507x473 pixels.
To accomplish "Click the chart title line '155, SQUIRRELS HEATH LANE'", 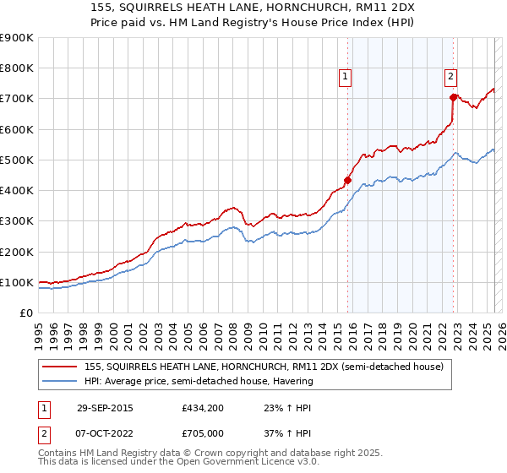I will pos(253,7).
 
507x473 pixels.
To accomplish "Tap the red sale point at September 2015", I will pos(347,179).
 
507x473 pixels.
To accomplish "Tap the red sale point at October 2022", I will pos(453,97).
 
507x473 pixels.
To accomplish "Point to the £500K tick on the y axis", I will pos(19,160).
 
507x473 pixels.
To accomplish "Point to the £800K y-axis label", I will pos(19,68).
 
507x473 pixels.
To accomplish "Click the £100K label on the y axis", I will pos(19,282).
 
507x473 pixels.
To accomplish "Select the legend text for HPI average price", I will pos(199,381).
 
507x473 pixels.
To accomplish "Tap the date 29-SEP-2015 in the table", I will pos(105,408).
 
